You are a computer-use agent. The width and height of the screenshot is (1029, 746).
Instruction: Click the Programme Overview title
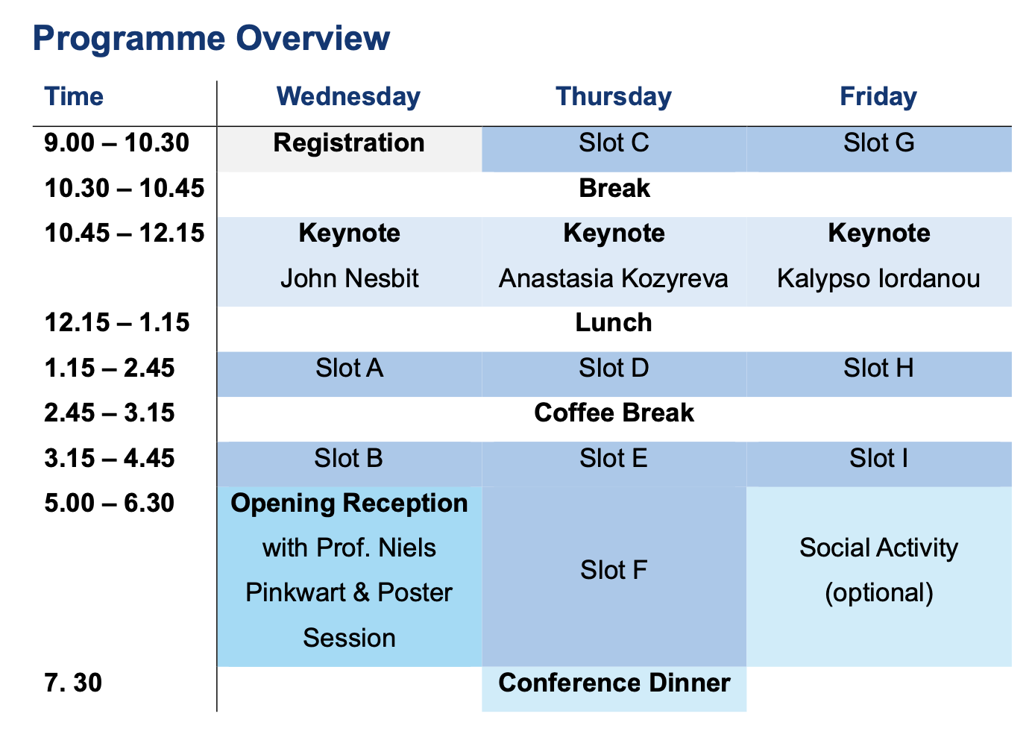click(x=211, y=38)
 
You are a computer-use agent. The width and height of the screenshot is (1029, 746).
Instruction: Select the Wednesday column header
click(x=348, y=96)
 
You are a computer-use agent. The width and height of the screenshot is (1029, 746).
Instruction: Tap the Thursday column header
click(x=614, y=96)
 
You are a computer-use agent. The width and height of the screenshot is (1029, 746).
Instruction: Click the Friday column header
click(x=878, y=96)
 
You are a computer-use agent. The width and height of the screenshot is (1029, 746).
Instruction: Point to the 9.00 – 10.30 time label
click(x=117, y=142)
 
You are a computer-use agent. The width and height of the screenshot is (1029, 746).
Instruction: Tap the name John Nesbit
click(x=349, y=278)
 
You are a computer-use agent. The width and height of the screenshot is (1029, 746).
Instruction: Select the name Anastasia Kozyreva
click(x=614, y=278)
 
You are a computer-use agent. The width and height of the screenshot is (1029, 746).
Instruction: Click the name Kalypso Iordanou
click(x=878, y=278)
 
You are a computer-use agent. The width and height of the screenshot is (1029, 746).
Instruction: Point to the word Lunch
click(x=614, y=322)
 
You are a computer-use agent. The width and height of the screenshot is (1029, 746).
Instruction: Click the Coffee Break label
click(x=614, y=413)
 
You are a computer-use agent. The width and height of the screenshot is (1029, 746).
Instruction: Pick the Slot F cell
click(x=614, y=571)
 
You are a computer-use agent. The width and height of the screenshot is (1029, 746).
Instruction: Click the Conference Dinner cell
click(x=614, y=683)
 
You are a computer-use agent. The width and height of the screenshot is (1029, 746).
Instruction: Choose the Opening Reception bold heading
click(x=349, y=503)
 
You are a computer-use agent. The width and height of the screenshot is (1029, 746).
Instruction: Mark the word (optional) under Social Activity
click(x=878, y=593)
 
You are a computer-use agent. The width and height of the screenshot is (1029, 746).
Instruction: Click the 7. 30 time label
click(x=73, y=683)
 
